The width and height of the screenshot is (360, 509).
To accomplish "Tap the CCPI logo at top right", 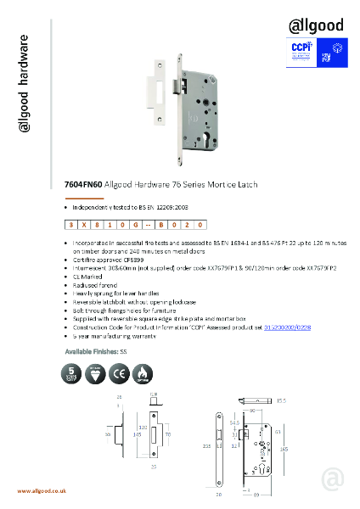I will [x=302, y=49].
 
